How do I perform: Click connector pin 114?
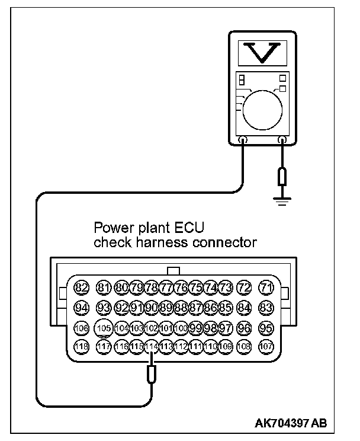[152, 347]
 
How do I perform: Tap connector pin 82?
[82, 288]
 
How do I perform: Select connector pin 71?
[267, 288]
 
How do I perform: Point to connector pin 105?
[104, 328]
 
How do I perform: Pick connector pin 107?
[267, 347]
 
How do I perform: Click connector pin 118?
[82, 347]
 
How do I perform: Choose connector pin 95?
[267, 328]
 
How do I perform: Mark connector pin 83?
[267, 308]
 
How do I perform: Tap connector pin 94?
[82, 308]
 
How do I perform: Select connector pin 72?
[243, 288]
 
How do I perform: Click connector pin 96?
[243, 328]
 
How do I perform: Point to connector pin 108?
[243, 347]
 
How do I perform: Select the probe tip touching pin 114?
[152, 373]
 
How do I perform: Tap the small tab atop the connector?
[174, 270]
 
